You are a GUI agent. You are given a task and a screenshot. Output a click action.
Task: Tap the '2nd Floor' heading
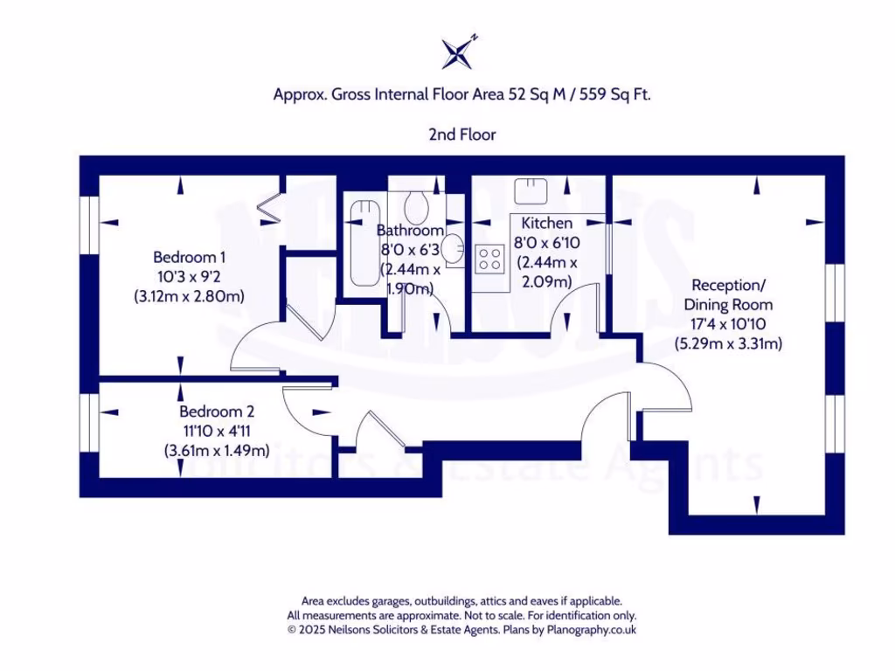coord(461,135)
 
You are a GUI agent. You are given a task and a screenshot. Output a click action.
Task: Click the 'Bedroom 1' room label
coord(190,257)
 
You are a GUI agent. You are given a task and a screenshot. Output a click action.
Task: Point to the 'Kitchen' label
coord(547,224)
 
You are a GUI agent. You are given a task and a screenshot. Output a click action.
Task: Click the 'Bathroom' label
coord(410,231)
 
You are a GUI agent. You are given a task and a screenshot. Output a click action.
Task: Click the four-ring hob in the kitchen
coord(489,258)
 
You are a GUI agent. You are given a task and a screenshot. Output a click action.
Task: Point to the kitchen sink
coord(531,189)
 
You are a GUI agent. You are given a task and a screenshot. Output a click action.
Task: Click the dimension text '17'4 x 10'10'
coord(728,324)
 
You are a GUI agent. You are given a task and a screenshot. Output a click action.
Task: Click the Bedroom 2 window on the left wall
coord(89,422)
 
